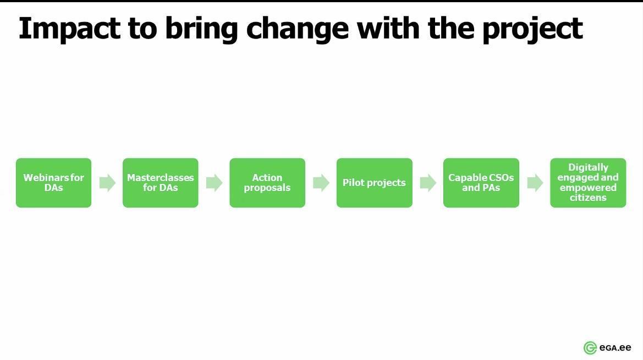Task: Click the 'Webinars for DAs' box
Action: [54, 183]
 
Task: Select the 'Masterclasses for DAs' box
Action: [161, 183]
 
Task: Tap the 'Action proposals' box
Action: [267, 183]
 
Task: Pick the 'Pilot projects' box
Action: [375, 183]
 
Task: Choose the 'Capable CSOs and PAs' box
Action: [481, 183]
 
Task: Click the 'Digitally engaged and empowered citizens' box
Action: [588, 183]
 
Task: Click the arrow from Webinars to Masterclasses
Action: [107, 183]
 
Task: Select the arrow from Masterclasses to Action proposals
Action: [214, 183]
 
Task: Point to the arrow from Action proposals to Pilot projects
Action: [321, 183]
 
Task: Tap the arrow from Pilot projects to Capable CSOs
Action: [428, 183]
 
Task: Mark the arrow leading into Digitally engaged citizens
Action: [535, 183]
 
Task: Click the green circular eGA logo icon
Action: [590, 348]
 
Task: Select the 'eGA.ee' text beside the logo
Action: [615, 348]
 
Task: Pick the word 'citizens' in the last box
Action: [588, 198]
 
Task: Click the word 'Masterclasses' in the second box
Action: [161, 178]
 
